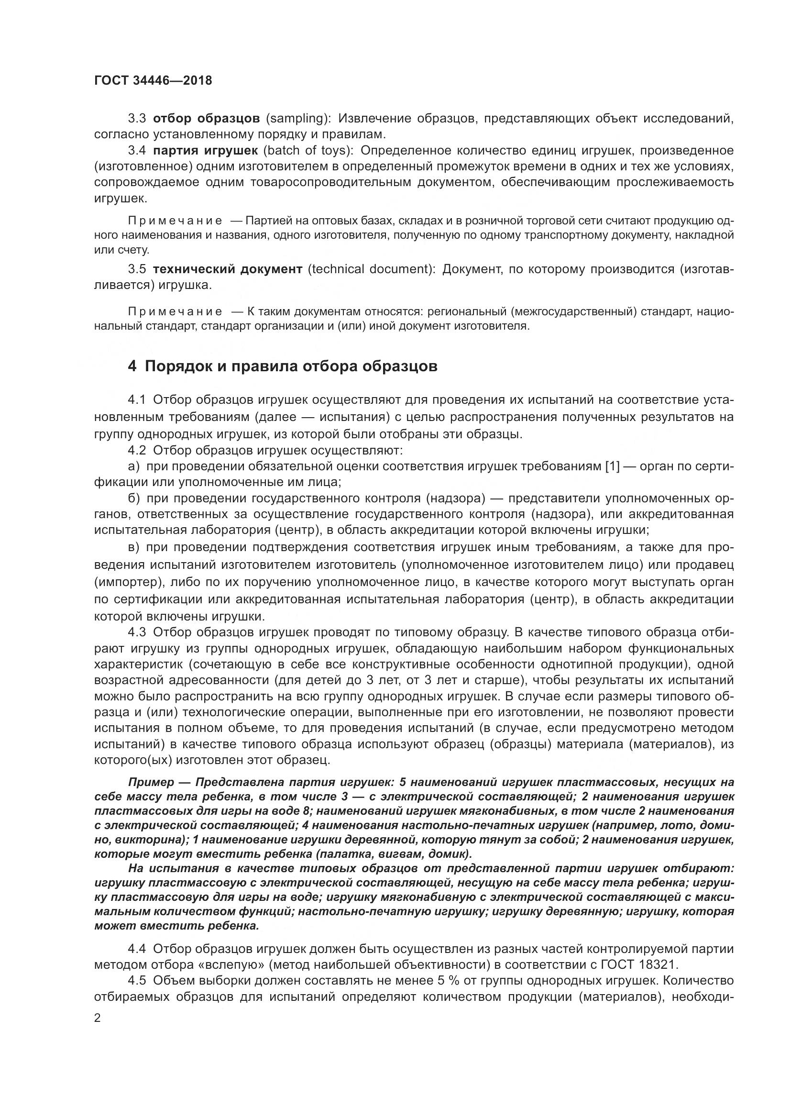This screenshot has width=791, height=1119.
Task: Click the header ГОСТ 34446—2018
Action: point(153,80)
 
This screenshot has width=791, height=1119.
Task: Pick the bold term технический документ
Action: point(228,269)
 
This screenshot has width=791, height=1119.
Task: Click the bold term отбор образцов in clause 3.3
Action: point(206,119)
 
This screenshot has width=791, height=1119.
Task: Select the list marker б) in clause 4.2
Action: point(134,499)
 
